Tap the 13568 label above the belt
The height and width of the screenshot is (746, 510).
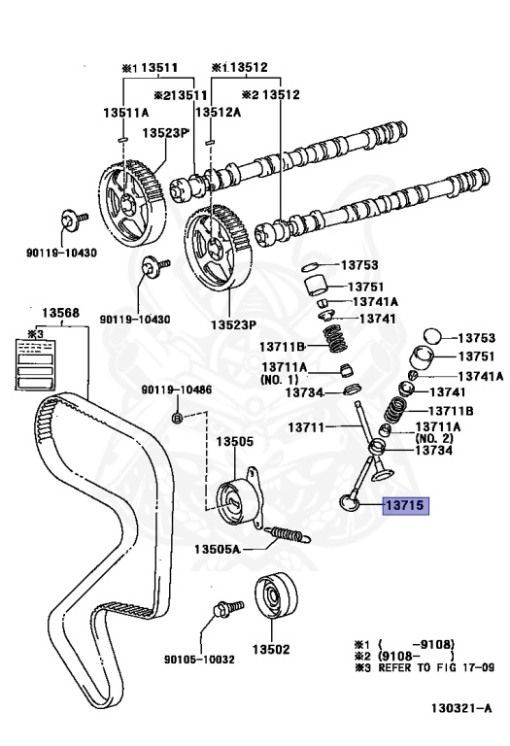click(60, 313)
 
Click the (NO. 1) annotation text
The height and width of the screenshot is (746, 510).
click(283, 379)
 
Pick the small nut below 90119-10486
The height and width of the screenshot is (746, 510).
click(176, 418)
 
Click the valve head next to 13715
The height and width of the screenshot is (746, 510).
click(349, 501)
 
